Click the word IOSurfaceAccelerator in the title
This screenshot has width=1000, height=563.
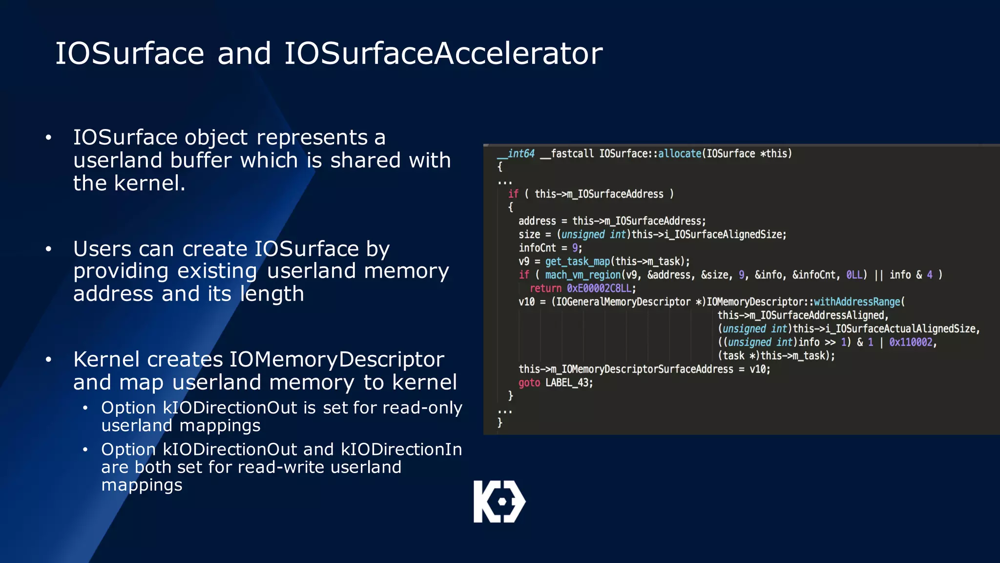click(x=443, y=53)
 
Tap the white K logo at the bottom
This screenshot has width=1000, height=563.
click(x=499, y=501)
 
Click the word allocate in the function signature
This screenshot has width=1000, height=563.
click(x=680, y=153)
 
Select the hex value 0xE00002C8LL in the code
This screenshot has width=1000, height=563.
click(x=600, y=288)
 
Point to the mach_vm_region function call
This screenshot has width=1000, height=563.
click(x=583, y=275)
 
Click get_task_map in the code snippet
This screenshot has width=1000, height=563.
click(x=577, y=261)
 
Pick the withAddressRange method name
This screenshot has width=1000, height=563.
click(x=857, y=302)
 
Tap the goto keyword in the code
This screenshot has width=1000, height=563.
click(x=529, y=383)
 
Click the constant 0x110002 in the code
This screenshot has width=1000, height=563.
click(x=911, y=342)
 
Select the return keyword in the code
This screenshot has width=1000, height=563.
click(x=545, y=288)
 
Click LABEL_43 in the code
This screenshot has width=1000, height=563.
click(x=567, y=383)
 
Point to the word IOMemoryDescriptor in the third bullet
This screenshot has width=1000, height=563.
click(x=336, y=359)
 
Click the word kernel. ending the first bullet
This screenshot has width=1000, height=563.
click(x=149, y=183)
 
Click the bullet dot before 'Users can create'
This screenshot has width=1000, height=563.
click(x=48, y=249)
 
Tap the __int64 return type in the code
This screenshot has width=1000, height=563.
click(x=517, y=153)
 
